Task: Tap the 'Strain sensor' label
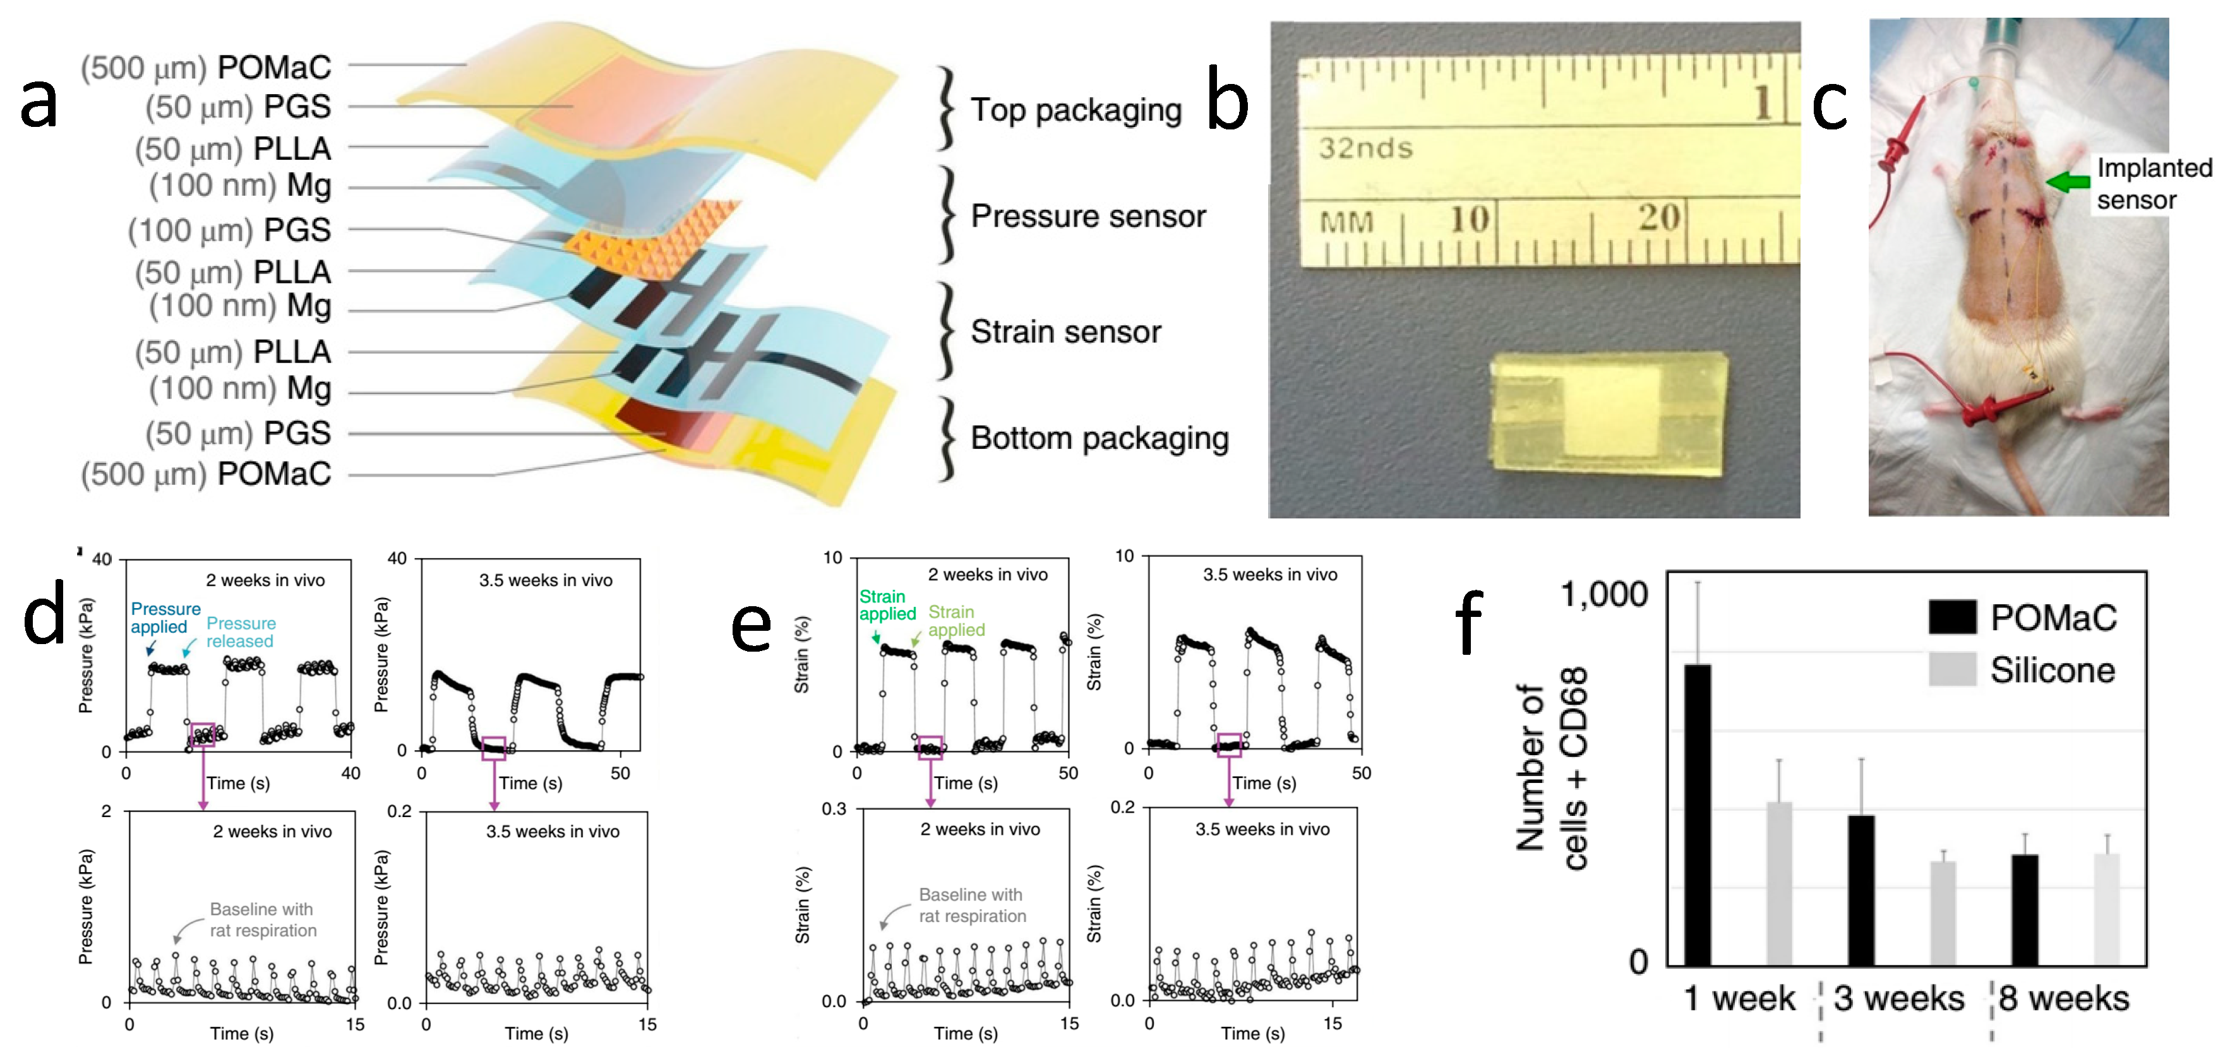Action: pyautogui.click(x=1065, y=332)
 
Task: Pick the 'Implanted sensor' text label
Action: pyautogui.click(x=2154, y=184)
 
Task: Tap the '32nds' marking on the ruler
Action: pyautogui.click(x=1365, y=148)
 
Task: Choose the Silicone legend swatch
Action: pyautogui.click(x=1952, y=669)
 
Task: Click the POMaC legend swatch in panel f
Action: pyautogui.click(x=1952, y=617)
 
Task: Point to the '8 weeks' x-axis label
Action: pyautogui.click(x=2064, y=998)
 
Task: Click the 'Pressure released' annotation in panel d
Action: pyautogui.click(x=241, y=632)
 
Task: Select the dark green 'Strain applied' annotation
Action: pyautogui.click(x=886, y=605)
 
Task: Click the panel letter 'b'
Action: pyautogui.click(x=1227, y=104)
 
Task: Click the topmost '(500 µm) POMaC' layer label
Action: pyautogui.click(x=206, y=67)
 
